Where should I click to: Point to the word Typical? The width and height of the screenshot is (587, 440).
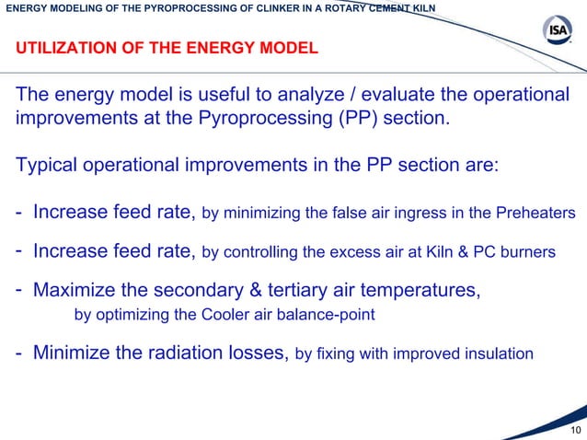point(49,165)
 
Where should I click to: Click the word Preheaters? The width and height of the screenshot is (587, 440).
point(536,214)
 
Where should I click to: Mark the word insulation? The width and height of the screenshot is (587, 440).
point(496,353)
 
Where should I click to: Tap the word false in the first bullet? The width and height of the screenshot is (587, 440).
point(338,214)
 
